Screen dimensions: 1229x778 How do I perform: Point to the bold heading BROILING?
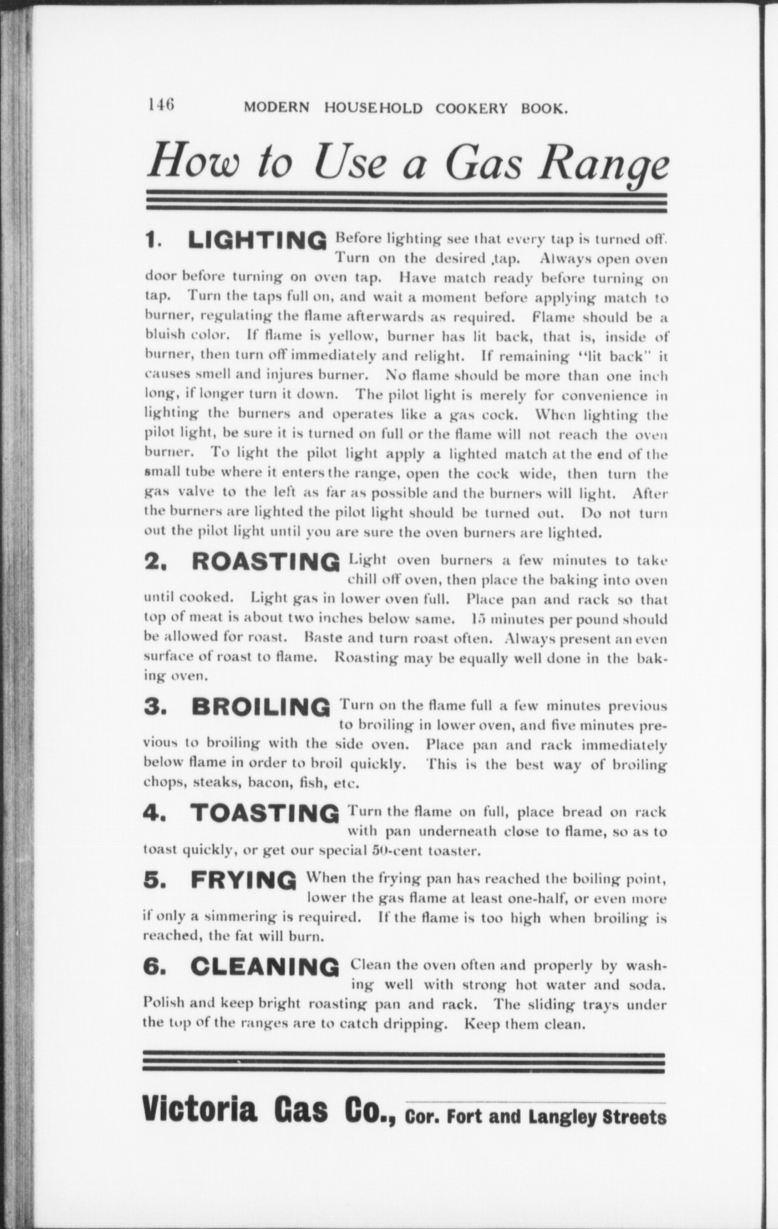tap(261, 706)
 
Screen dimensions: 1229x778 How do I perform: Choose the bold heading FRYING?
tap(243, 880)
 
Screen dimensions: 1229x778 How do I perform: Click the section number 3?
tap(152, 706)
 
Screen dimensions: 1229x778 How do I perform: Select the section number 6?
tap(152, 967)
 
